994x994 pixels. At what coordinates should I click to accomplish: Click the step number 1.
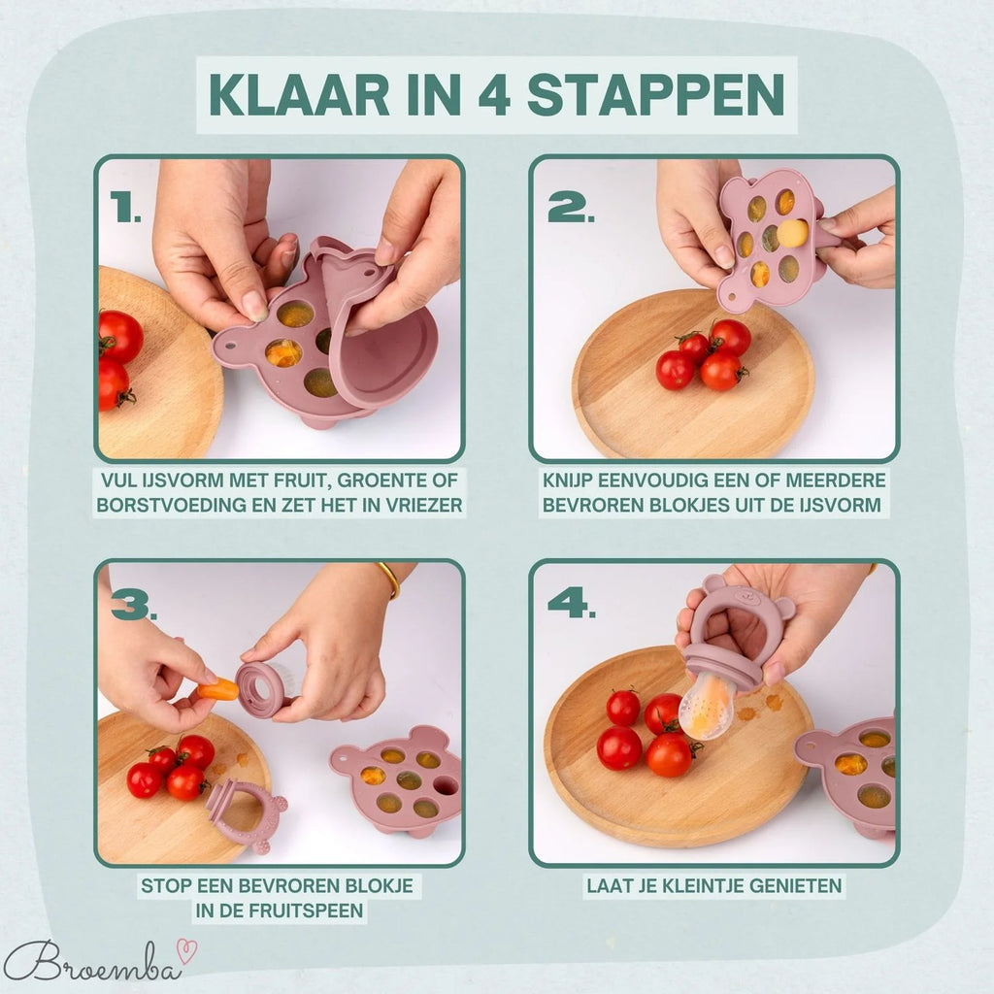(x=125, y=208)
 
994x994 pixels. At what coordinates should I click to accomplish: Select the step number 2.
(x=567, y=206)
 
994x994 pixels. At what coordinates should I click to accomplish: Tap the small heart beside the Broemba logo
(x=181, y=944)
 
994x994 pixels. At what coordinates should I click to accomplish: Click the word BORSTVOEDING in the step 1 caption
(x=165, y=505)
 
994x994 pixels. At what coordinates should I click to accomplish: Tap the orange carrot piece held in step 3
(x=220, y=689)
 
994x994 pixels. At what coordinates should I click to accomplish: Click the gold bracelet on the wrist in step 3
(x=389, y=579)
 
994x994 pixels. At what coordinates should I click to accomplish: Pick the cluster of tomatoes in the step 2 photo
(x=703, y=355)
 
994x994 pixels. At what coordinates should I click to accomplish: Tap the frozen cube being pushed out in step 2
(x=792, y=233)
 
